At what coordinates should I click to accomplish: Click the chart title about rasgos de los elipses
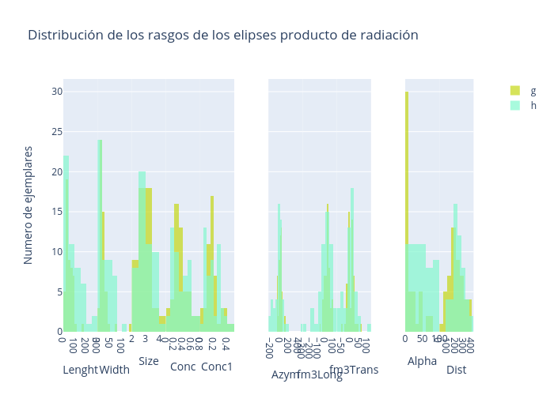[x=222, y=36]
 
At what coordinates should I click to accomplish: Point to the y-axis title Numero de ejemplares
[x=28, y=205]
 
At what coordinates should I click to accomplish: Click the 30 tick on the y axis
[x=57, y=92]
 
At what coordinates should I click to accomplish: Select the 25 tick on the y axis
[x=57, y=132]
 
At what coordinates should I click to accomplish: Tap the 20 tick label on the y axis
[x=57, y=172]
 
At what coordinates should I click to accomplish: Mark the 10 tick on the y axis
[x=57, y=252]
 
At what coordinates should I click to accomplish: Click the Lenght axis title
[x=80, y=370]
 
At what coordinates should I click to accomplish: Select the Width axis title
[x=115, y=370]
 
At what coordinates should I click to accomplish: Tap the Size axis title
[x=149, y=361]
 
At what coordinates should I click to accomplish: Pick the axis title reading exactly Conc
[x=183, y=367]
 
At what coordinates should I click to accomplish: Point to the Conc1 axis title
[x=217, y=367]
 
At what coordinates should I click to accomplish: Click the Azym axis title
[x=286, y=374]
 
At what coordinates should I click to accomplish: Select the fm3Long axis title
[x=320, y=375]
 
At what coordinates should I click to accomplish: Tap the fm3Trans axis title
[x=354, y=370]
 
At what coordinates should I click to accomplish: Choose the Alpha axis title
[x=422, y=361]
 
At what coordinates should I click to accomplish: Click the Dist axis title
[x=456, y=370]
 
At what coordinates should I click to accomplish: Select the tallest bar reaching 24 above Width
[x=100, y=237]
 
